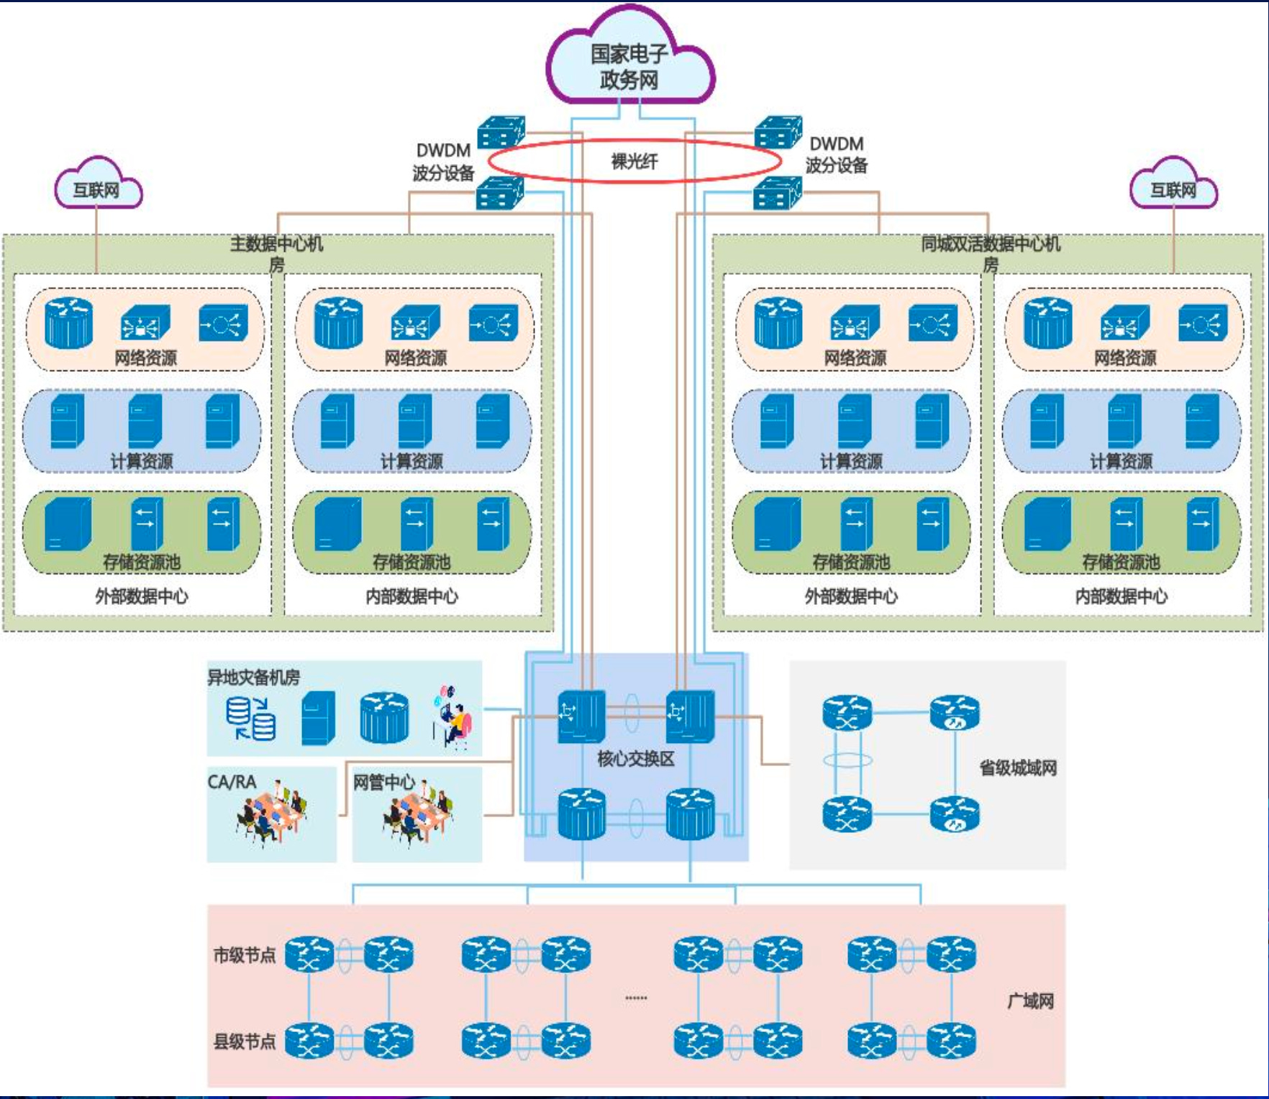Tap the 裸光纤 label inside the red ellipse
coord(634,161)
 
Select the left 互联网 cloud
coord(97,189)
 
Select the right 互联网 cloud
coord(1173,189)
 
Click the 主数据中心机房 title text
coord(277,253)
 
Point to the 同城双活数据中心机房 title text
coord(991,253)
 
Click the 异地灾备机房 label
coord(253,677)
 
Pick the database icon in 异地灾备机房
coord(250,718)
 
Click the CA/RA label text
coord(232,782)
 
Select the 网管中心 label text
coord(383,782)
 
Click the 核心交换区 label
coord(635,759)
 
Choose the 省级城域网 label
coord(1018,768)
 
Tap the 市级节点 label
coord(245,955)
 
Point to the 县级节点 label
coord(245,1041)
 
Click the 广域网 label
coord(1030,1001)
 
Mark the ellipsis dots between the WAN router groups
coord(636,998)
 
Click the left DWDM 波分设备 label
coord(443,162)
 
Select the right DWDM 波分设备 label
coord(836,155)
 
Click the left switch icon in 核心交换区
coord(581,716)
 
